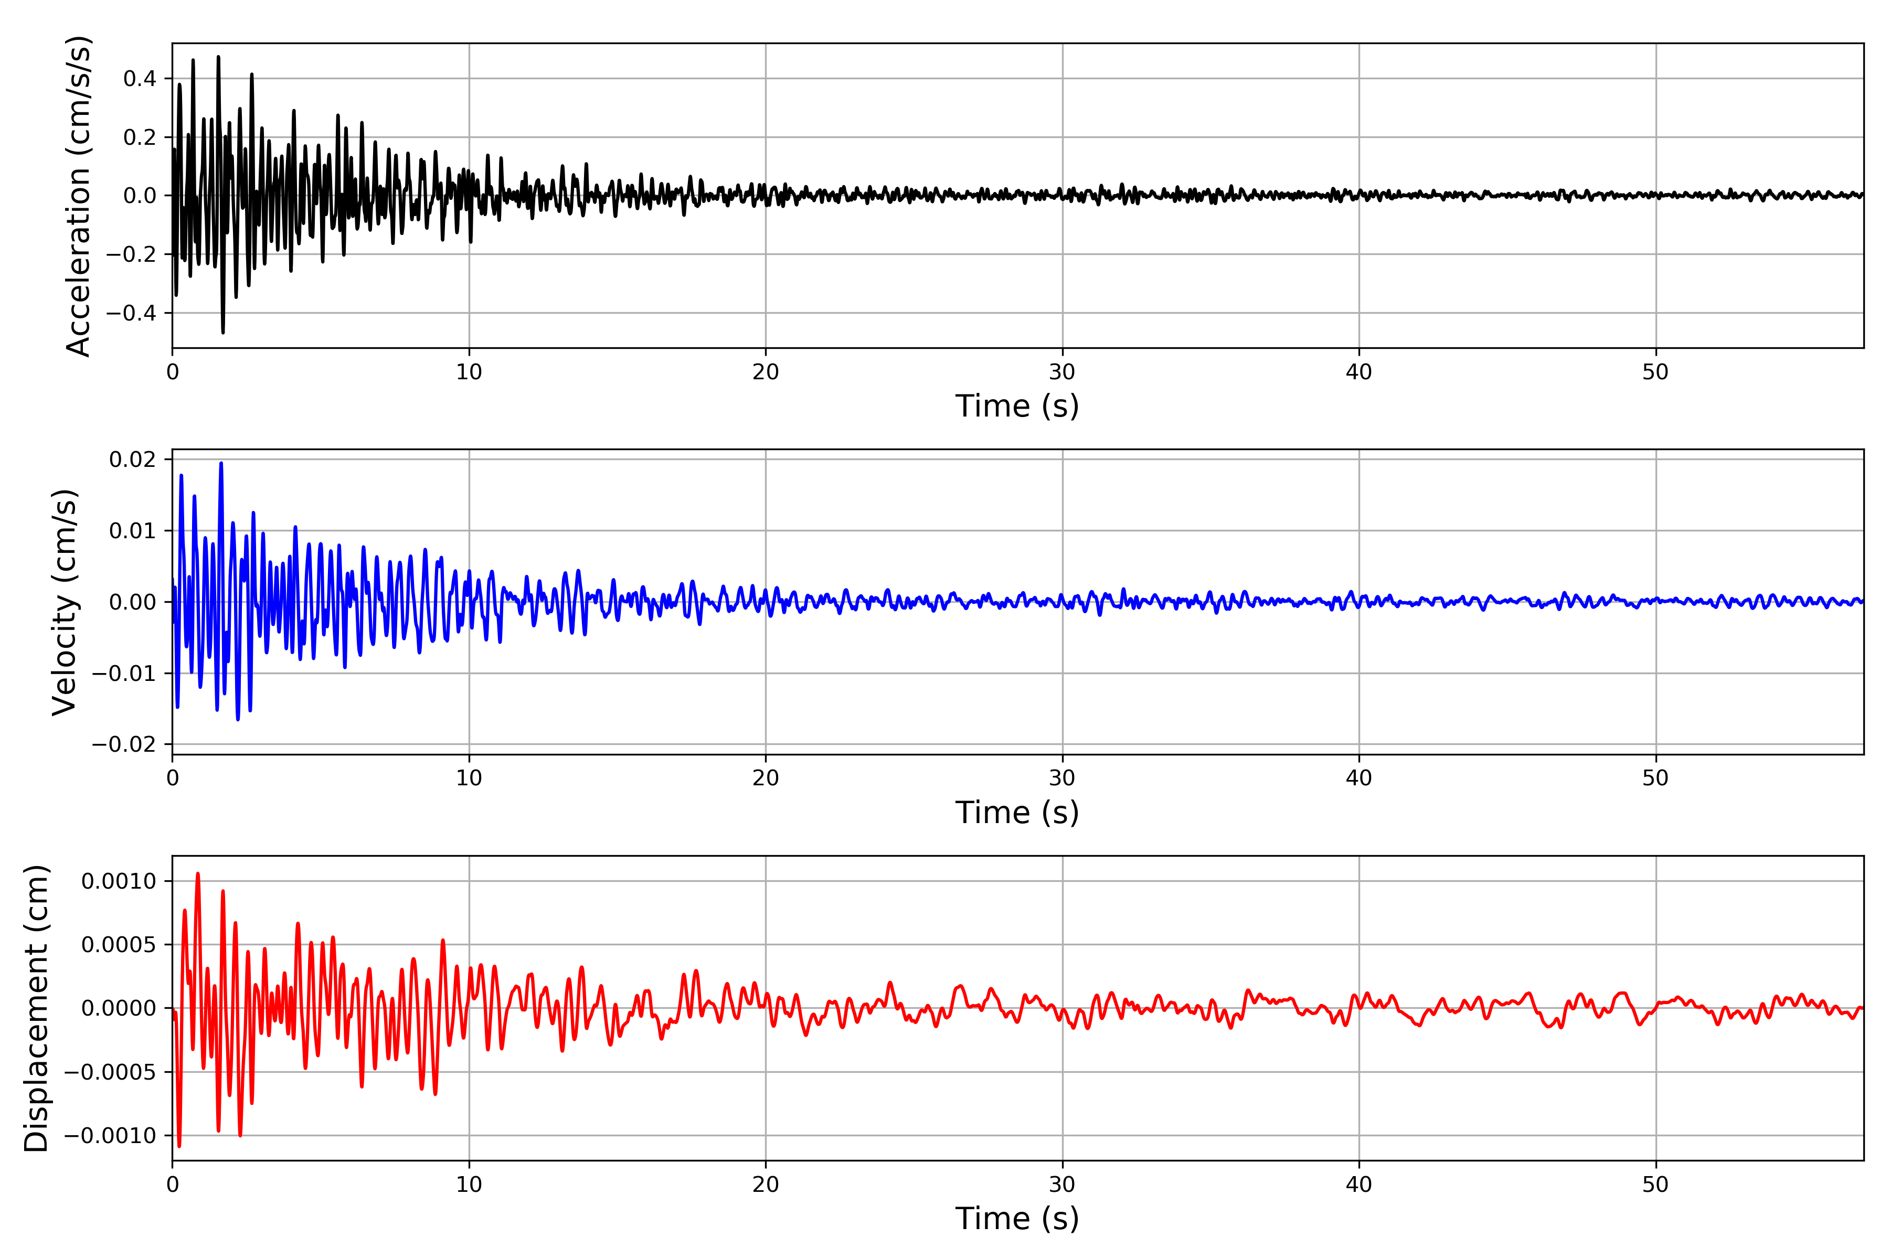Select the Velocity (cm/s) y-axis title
tap(64, 602)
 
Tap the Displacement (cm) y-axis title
tap(36, 1008)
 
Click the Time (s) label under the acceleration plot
tap(1017, 406)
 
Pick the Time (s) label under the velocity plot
tap(1017, 813)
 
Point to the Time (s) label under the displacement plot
tap(1017, 1219)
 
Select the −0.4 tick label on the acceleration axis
tap(131, 313)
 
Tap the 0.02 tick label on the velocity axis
tap(133, 460)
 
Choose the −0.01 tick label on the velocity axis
tap(124, 674)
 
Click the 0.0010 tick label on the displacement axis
tap(119, 882)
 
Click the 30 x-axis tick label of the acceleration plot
tap(1062, 372)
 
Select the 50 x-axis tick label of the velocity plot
tap(1655, 778)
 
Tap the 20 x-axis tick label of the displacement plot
tap(766, 1185)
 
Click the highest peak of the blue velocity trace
tap(221, 463)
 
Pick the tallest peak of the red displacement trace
tap(198, 873)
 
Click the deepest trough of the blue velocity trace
tap(238, 719)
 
